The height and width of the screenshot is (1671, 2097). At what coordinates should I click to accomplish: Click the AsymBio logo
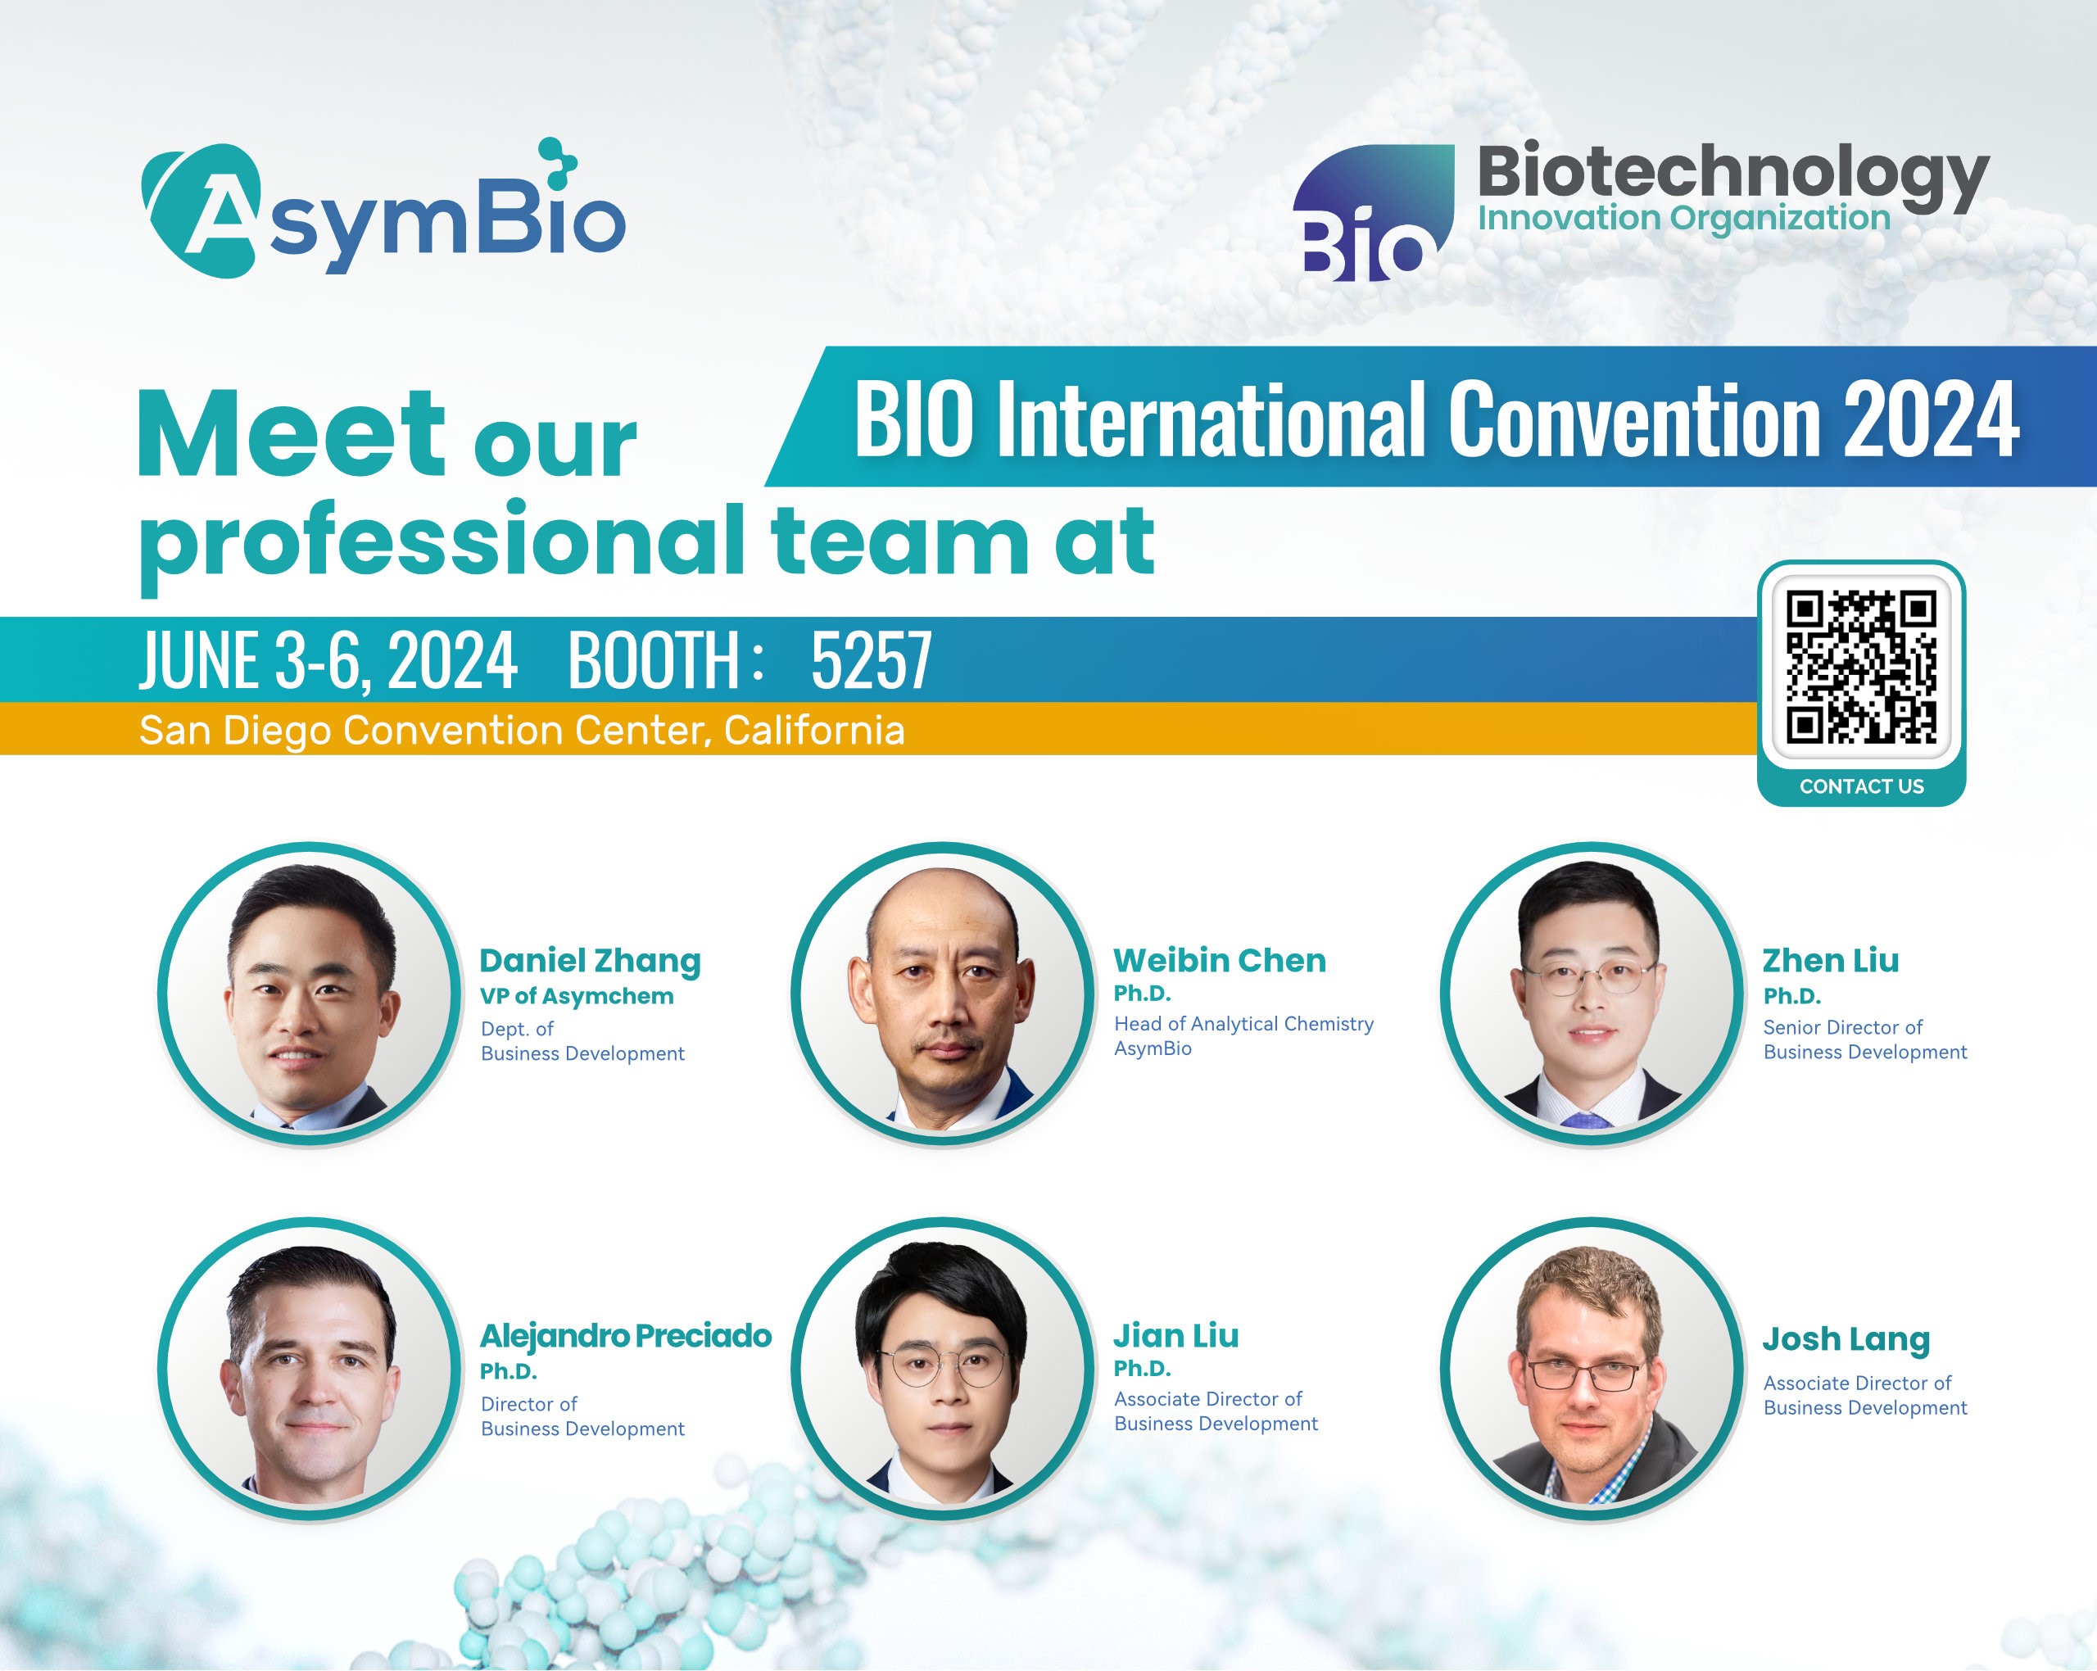[x=383, y=208]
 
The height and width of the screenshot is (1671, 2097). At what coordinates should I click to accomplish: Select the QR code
[x=1862, y=668]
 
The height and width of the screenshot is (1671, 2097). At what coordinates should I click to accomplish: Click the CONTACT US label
[x=1862, y=786]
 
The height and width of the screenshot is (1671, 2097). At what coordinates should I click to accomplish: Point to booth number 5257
[x=872, y=659]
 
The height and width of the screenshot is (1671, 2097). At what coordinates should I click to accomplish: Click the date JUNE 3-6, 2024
[x=328, y=659]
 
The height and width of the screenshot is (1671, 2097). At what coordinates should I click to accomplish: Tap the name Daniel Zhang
[x=591, y=961]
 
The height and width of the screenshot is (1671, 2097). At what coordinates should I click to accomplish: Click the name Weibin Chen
[x=1220, y=960]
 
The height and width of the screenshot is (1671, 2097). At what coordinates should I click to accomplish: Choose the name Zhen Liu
[x=1831, y=960]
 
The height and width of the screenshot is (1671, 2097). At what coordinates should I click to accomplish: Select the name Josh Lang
[x=1846, y=1339]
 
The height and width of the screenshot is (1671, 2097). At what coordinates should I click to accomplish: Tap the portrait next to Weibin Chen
[x=941, y=993]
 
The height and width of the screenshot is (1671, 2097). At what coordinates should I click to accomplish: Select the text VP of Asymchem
[x=577, y=996]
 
